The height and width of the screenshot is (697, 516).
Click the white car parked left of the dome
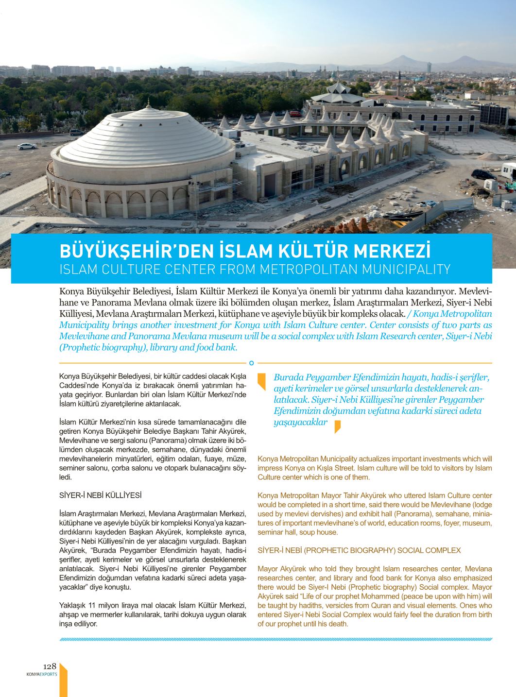[x=25, y=146]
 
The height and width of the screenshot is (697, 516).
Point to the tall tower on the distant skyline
[x=429, y=68]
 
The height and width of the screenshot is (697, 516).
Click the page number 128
[x=50, y=666]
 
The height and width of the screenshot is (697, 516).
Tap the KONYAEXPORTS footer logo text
[x=42, y=674]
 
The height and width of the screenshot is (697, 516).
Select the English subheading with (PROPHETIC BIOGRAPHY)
[x=359, y=550]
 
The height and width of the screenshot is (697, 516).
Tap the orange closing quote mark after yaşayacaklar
[x=337, y=426]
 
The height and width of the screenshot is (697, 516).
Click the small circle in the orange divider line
[x=251, y=362]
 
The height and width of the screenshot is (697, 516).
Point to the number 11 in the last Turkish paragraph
[x=94, y=605]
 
